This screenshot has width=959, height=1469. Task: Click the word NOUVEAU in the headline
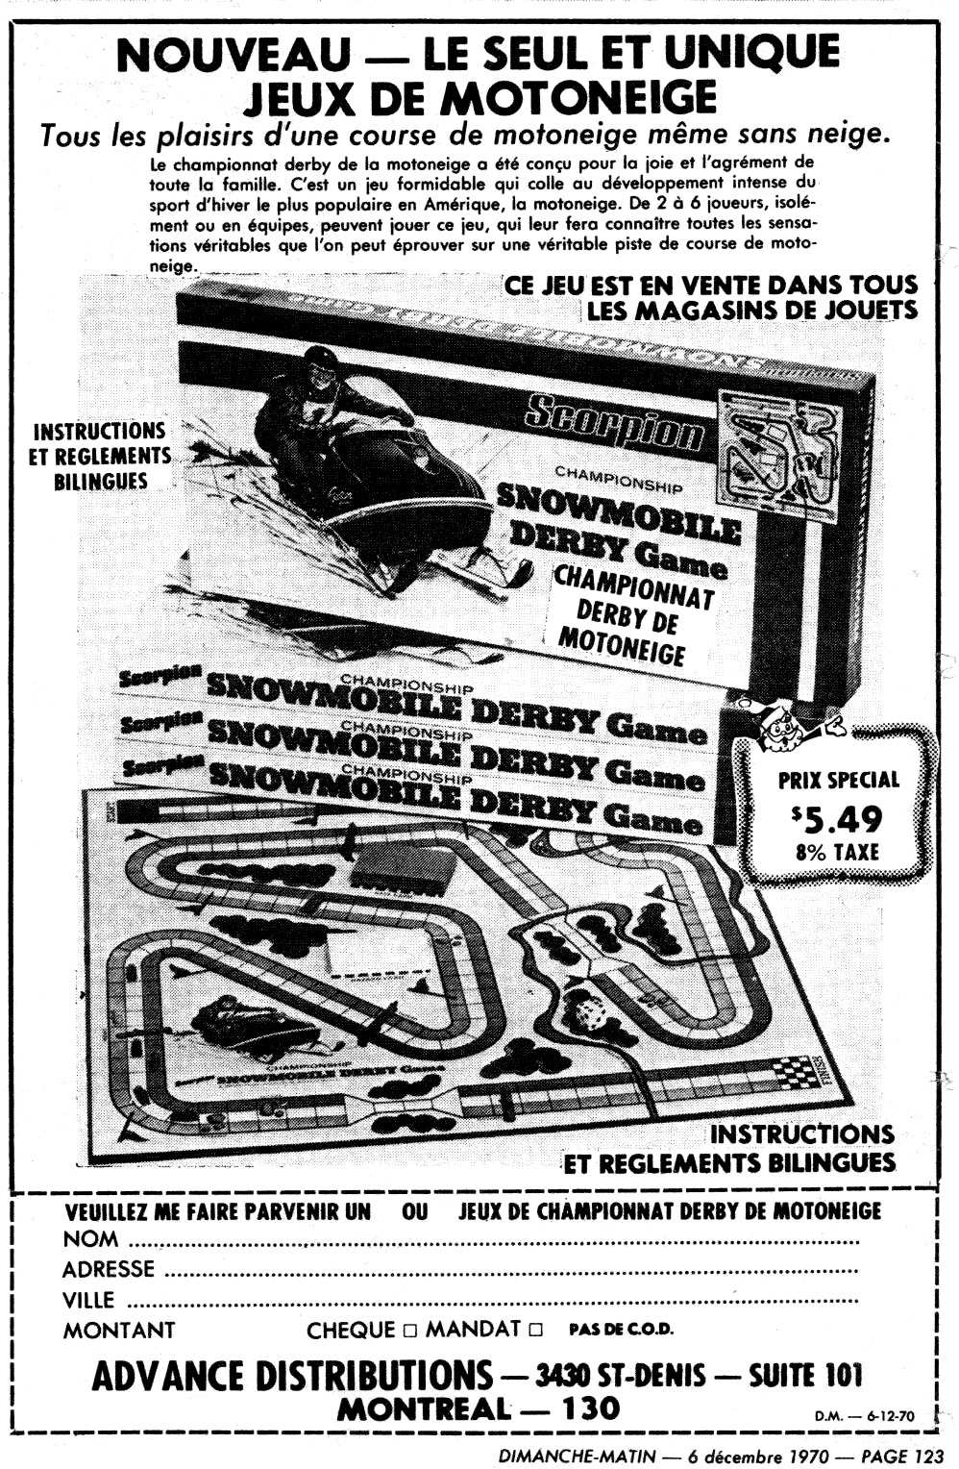click(x=234, y=55)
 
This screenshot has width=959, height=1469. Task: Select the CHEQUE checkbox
click(x=410, y=1331)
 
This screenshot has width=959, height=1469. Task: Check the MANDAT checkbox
click(x=535, y=1331)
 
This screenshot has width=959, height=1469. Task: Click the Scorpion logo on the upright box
click(x=615, y=424)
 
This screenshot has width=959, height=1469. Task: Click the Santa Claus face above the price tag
click(x=778, y=729)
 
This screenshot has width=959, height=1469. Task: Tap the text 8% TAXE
click(x=837, y=852)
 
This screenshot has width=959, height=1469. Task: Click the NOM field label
click(x=90, y=1239)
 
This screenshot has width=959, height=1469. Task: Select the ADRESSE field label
click(x=108, y=1270)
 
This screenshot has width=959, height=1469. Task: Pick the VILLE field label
click(x=88, y=1301)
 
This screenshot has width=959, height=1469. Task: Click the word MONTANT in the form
click(x=119, y=1331)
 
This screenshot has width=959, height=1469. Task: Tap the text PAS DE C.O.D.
click(x=621, y=1331)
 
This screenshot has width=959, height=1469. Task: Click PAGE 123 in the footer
click(x=902, y=1456)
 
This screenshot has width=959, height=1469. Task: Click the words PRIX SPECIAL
click(x=838, y=780)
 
